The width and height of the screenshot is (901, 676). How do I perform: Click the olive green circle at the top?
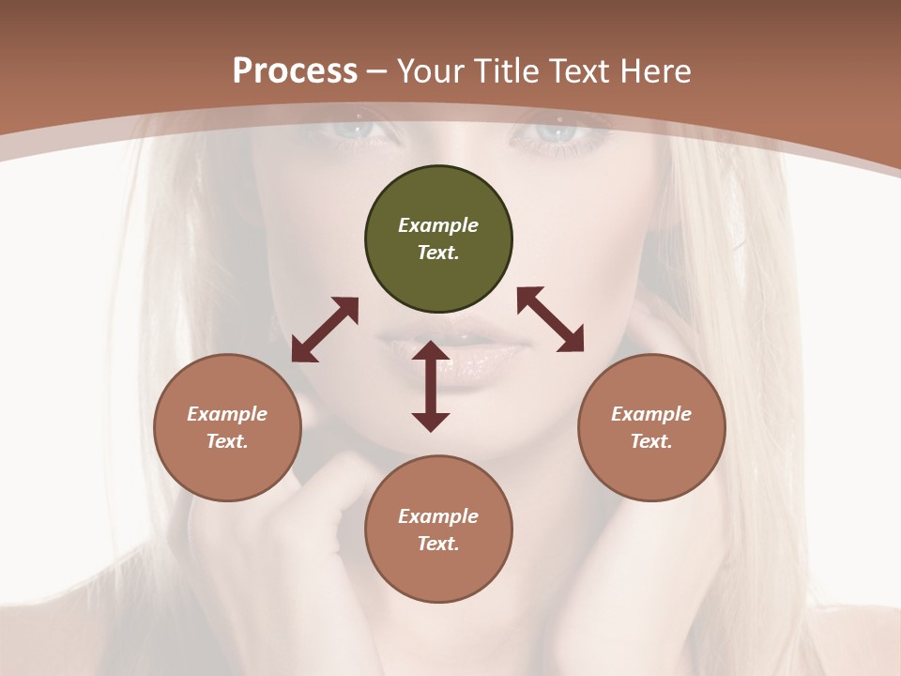click(438, 239)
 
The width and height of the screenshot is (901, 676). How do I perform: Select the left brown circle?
click(227, 427)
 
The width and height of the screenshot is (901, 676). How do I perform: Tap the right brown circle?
click(651, 427)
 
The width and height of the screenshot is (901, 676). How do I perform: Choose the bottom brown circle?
click(438, 529)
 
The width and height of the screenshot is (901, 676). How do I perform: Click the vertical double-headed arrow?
click(431, 386)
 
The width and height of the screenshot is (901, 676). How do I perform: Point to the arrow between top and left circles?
click(325, 330)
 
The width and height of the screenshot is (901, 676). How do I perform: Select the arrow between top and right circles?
click(551, 319)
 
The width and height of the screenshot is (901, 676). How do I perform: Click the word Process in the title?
click(295, 70)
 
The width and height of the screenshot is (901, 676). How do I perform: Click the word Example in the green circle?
click(438, 225)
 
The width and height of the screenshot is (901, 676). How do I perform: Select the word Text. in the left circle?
click(227, 441)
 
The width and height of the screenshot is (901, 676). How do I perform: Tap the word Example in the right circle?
click(651, 414)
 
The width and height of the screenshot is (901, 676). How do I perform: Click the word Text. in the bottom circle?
click(438, 544)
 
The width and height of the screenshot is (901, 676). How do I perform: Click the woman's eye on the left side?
click(361, 130)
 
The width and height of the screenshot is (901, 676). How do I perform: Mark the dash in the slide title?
click(377, 71)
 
